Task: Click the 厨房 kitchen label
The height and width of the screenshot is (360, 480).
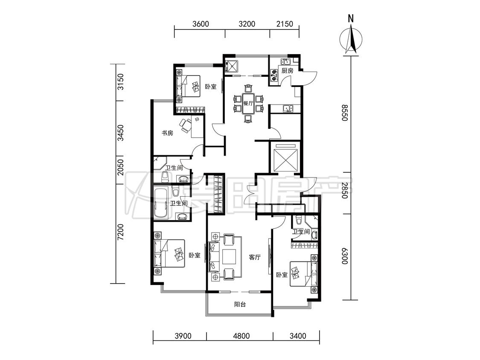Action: coord(288,71)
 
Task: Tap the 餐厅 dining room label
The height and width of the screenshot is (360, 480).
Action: coord(248,103)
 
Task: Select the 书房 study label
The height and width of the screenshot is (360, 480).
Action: coord(167,133)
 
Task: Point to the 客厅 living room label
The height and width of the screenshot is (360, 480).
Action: coord(254,257)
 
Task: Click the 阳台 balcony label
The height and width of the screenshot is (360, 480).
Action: coord(240,304)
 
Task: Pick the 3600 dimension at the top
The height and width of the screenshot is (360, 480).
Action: coord(201,24)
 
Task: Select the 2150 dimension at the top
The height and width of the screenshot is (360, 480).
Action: coord(285,24)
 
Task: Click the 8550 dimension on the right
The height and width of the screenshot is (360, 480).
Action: coord(345,113)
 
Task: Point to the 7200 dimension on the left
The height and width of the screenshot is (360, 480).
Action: coord(121,232)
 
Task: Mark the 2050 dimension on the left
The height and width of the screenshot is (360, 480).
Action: coord(121,167)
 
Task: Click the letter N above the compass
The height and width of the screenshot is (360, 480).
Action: coord(351,19)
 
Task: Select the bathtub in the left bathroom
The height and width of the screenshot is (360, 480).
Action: coord(161,202)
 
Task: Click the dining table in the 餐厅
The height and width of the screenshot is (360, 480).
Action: coord(248,103)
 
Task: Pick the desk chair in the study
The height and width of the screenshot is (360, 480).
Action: coord(185,125)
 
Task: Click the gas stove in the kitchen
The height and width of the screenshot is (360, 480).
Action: coord(273,76)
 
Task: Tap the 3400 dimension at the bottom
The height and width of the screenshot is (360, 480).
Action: coord(297,336)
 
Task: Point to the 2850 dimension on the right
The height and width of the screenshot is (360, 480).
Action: coord(345,190)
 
